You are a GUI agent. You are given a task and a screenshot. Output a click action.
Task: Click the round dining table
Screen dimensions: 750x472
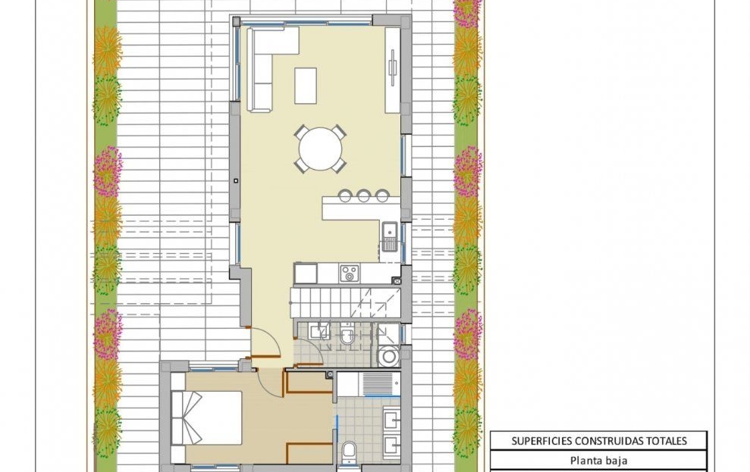320,148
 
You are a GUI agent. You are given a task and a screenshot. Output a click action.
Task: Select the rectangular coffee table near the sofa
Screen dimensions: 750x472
306,86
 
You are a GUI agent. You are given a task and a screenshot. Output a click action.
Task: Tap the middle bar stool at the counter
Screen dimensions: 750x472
363,195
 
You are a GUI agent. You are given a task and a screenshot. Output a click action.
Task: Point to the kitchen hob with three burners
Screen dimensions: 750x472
349,274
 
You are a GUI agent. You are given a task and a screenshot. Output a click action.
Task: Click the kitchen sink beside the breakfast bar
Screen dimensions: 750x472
389,236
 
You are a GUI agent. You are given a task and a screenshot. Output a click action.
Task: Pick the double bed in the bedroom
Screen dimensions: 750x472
206,418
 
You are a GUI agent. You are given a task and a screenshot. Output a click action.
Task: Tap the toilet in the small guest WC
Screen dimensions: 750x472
347,335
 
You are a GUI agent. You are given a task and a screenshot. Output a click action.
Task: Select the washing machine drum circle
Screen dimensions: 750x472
389,356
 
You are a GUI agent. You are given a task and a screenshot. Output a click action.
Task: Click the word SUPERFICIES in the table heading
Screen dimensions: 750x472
541,441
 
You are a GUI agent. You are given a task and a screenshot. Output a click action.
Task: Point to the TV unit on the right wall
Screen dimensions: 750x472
393,70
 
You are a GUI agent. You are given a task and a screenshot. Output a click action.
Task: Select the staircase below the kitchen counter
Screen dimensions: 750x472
345,302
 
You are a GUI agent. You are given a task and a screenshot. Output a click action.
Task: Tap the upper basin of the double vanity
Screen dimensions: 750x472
392,420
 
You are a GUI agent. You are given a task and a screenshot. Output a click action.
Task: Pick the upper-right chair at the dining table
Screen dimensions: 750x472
339,131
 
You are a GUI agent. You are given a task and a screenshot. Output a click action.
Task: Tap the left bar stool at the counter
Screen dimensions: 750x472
345,195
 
